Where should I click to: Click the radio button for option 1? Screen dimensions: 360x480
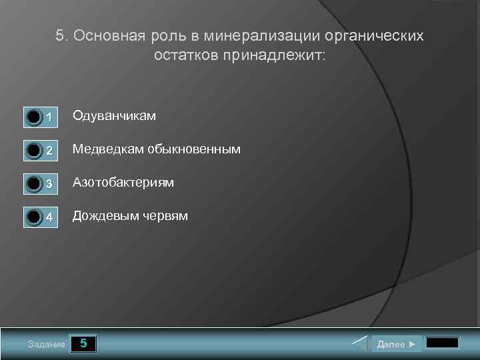pyautogui.click(x=33, y=118)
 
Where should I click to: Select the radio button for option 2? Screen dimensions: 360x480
pyautogui.click(x=33, y=151)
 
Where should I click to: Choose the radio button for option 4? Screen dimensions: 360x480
pyautogui.click(x=33, y=217)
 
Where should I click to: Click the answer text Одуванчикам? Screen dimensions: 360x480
pyautogui.click(x=114, y=116)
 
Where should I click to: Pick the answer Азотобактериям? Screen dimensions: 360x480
pyautogui.click(x=123, y=182)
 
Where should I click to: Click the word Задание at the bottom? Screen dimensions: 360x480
pyautogui.click(x=47, y=345)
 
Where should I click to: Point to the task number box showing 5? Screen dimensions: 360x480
pyautogui.click(x=83, y=344)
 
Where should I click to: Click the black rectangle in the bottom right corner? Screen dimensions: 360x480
pyautogui.click(x=442, y=343)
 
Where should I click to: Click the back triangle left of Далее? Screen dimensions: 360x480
pyautogui.click(x=360, y=344)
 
